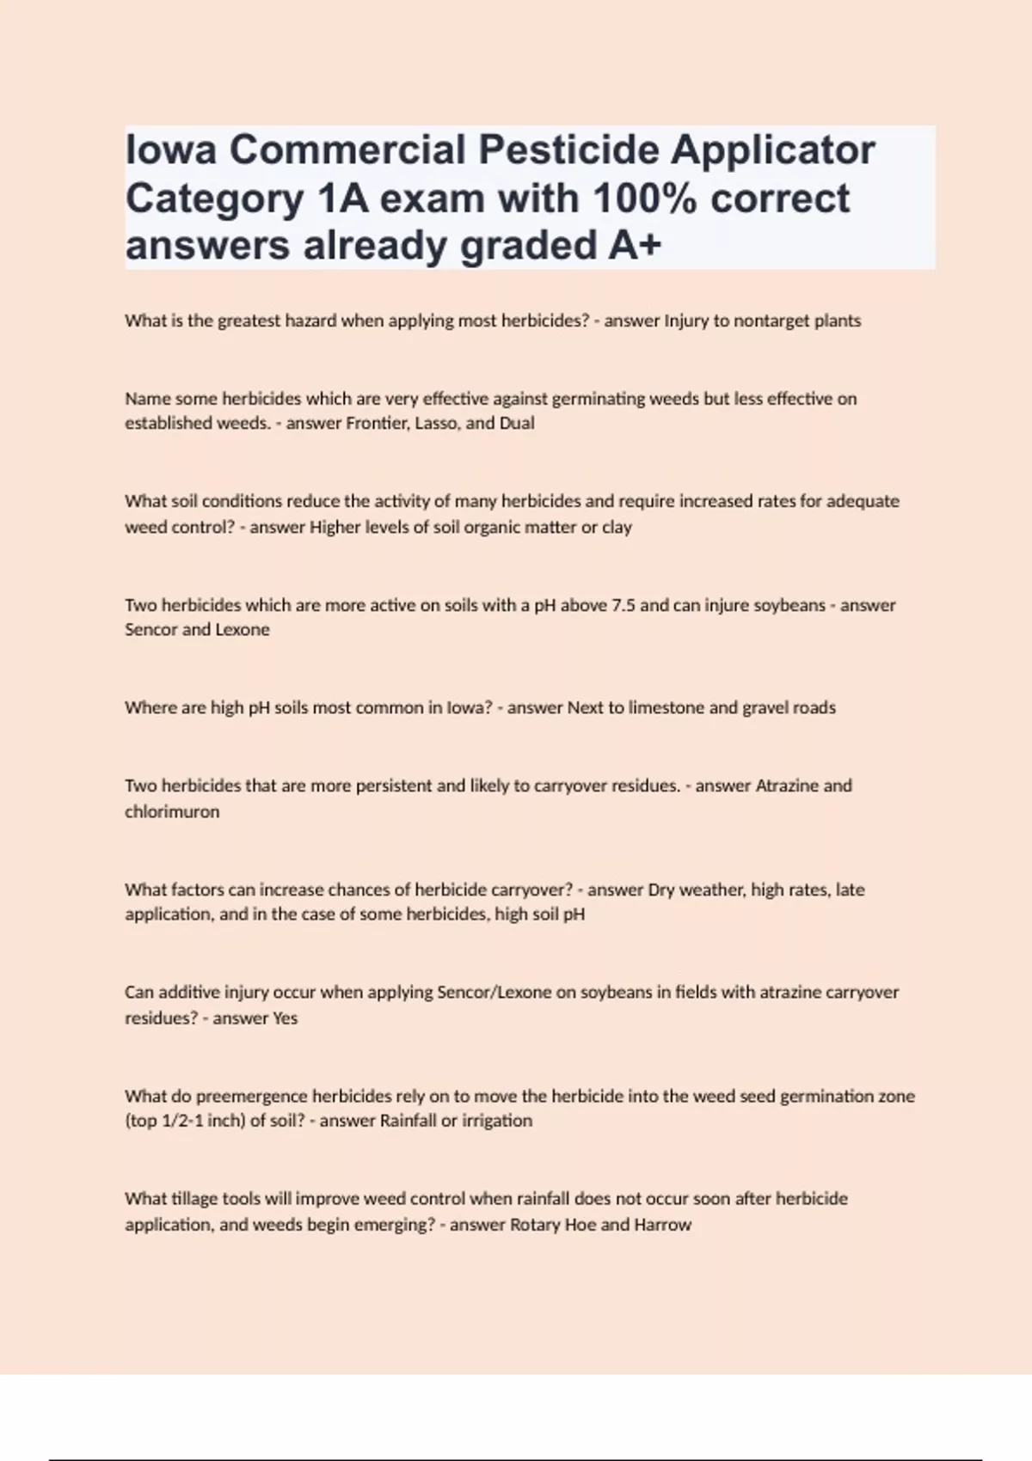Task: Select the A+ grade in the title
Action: (x=635, y=246)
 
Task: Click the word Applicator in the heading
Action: (x=773, y=150)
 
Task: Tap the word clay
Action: (x=617, y=527)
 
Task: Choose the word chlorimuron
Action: (x=172, y=811)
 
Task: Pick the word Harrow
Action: (x=663, y=1225)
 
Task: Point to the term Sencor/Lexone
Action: (x=494, y=993)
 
